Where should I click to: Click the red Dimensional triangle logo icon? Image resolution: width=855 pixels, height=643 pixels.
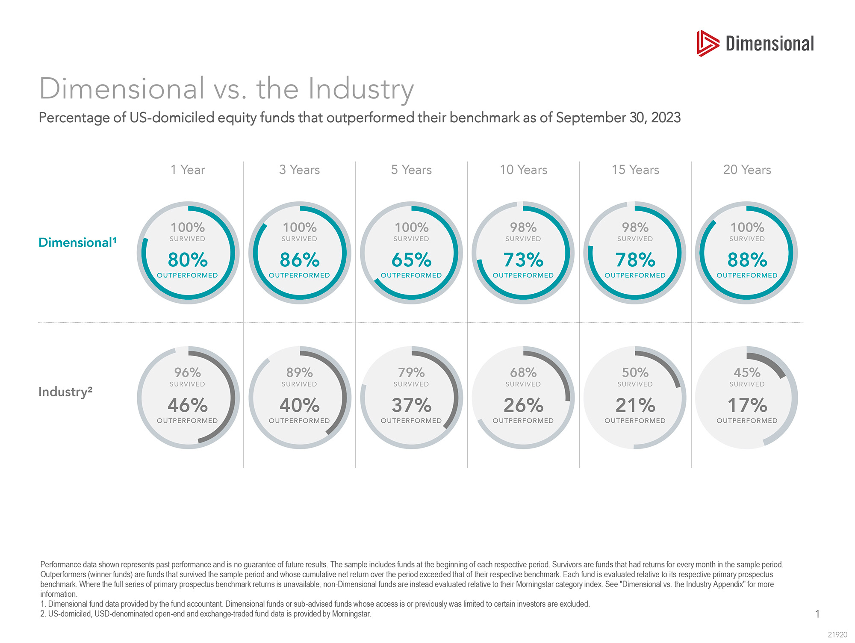(708, 43)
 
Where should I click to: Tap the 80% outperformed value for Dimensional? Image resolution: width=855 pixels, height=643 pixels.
(188, 260)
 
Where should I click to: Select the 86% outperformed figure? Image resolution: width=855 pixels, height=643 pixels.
(300, 260)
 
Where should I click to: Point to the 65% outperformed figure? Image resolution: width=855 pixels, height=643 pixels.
(411, 260)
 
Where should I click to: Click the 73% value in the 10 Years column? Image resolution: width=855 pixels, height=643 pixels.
(523, 260)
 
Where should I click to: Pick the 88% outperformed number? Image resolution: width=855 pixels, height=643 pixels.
(747, 260)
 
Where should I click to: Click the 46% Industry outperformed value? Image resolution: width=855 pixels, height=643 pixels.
(188, 405)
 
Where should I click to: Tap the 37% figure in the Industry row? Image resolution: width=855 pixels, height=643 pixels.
(411, 405)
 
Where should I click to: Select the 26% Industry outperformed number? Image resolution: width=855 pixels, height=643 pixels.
(523, 405)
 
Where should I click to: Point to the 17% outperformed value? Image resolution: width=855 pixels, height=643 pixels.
(747, 405)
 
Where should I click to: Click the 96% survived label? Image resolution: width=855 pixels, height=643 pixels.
(188, 373)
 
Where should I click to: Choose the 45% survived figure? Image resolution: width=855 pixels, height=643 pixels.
(747, 373)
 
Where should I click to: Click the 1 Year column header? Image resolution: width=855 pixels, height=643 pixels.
(188, 170)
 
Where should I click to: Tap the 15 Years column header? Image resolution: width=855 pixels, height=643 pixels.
(635, 170)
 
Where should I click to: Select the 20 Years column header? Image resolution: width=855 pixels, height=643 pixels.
(747, 170)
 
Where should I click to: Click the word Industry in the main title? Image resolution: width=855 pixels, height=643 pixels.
(361, 89)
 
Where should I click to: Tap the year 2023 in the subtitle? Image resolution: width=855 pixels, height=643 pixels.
(666, 118)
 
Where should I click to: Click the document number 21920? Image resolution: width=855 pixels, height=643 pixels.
(837, 635)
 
